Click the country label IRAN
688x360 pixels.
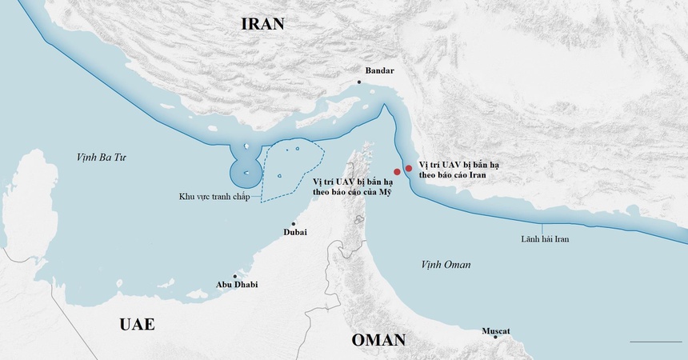262,23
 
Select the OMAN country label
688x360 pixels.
378,340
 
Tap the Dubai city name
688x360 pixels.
295,232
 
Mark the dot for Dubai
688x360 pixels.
294,223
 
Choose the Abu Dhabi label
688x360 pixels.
237,284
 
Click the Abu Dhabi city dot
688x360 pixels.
234,275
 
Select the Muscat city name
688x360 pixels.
495,330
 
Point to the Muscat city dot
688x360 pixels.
495,338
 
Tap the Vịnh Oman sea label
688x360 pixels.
446,265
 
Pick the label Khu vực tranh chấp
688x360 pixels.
214,197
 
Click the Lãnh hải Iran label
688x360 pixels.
545,238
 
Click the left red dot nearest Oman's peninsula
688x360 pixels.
397,172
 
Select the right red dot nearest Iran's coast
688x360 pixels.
409,168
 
